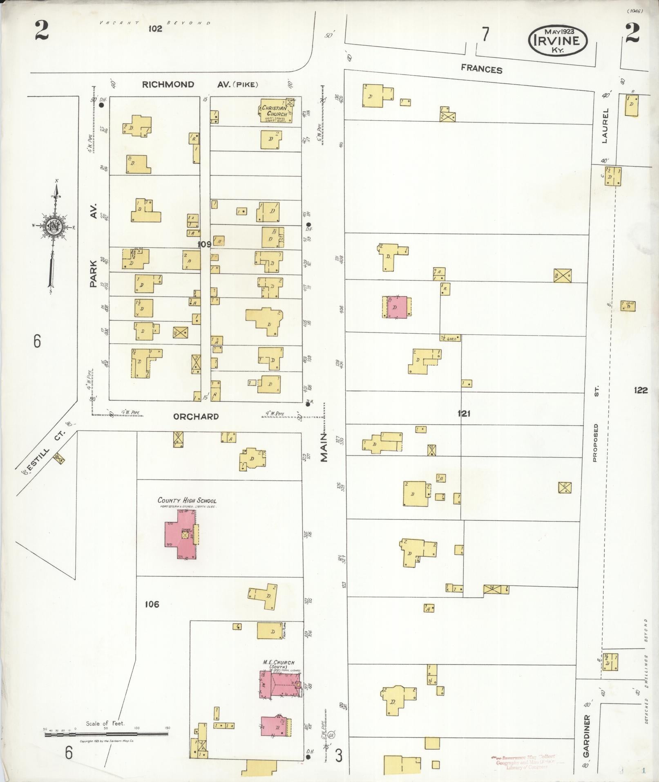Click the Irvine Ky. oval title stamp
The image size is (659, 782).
pos(557,40)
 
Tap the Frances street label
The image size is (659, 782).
pos(481,69)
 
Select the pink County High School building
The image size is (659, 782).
pos(182,535)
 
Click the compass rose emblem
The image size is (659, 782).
pos(54,227)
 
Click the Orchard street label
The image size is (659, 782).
pos(196,417)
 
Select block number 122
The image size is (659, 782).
pos(641,390)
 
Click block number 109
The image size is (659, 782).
pos(204,244)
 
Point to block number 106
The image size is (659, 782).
pos(151,604)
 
